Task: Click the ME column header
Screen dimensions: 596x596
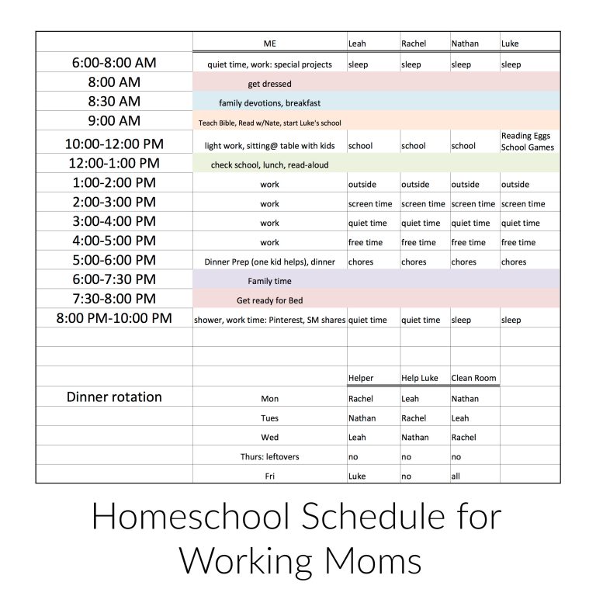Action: (269, 44)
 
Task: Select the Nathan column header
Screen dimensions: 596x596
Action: (465, 44)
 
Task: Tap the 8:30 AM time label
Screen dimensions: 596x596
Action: (114, 102)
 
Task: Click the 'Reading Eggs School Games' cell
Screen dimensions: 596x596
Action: (528, 141)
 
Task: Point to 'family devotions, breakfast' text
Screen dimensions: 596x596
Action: (269, 103)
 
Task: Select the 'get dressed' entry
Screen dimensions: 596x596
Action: (269, 84)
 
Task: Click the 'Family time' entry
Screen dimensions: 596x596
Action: (269, 281)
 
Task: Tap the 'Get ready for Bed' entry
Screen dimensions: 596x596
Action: (269, 300)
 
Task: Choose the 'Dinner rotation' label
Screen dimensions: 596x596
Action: (114, 397)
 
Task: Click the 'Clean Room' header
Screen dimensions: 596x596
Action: (473, 379)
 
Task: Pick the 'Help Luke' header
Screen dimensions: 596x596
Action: (420, 379)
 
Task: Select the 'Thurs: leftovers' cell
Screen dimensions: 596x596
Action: (269, 457)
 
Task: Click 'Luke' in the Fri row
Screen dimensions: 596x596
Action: (357, 476)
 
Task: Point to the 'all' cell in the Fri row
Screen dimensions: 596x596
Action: (456, 476)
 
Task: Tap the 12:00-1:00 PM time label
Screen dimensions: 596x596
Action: (114, 163)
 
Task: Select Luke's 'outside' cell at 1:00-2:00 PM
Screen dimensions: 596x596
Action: (515, 185)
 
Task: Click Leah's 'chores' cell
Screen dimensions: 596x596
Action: (361, 262)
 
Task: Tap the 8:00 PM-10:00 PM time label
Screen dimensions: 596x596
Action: (114, 318)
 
